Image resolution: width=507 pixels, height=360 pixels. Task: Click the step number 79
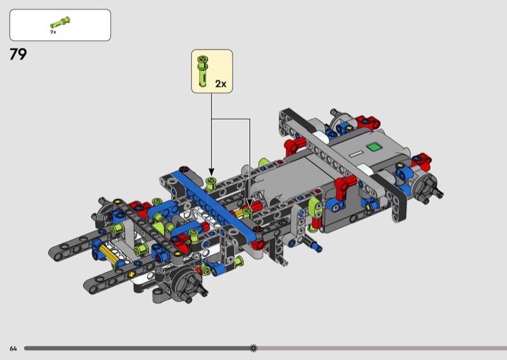pyautogui.click(x=18, y=55)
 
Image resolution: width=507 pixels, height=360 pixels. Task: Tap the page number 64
pyautogui.click(x=13, y=349)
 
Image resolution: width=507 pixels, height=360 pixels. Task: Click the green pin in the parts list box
pyautogui.click(x=60, y=23)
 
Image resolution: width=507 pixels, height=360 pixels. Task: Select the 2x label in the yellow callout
pyautogui.click(x=221, y=84)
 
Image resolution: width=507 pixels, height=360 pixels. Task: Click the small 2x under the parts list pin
pyautogui.click(x=53, y=32)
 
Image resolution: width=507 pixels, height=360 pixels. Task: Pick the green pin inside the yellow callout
pyautogui.click(x=203, y=71)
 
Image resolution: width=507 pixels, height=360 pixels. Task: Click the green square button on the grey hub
pyautogui.click(x=375, y=147)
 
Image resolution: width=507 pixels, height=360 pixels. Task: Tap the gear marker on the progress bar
pyautogui.click(x=254, y=348)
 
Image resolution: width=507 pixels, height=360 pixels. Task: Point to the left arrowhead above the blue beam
pyautogui.click(x=212, y=172)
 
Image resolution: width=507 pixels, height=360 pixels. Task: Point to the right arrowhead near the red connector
pyautogui.click(x=250, y=203)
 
